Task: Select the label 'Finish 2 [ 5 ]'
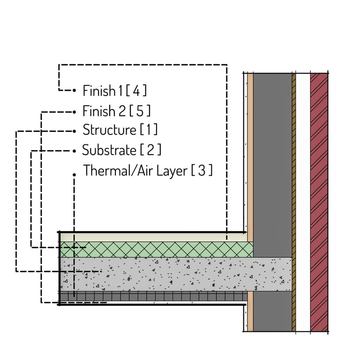[x=117, y=111]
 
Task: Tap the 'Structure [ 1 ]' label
[x=120, y=129]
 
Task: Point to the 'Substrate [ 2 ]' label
[x=121, y=150]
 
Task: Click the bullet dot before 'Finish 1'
[x=75, y=90]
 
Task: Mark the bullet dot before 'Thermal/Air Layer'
[x=75, y=174]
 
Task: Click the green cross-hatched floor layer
[x=155, y=249]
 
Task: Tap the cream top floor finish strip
[x=155, y=237]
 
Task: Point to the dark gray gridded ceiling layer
[x=155, y=296]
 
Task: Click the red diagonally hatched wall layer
[x=319, y=202]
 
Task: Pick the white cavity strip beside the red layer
[x=303, y=202]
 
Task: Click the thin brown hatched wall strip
[x=294, y=202]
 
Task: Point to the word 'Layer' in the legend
[x=170, y=171]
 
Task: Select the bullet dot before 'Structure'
[x=75, y=130]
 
